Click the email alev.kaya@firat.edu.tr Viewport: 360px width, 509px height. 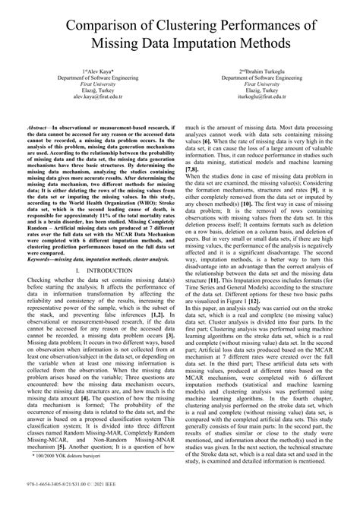click(x=97, y=98)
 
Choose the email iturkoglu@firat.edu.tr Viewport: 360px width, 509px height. click(x=264, y=98)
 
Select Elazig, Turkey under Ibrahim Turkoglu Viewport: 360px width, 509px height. click(x=264, y=91)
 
